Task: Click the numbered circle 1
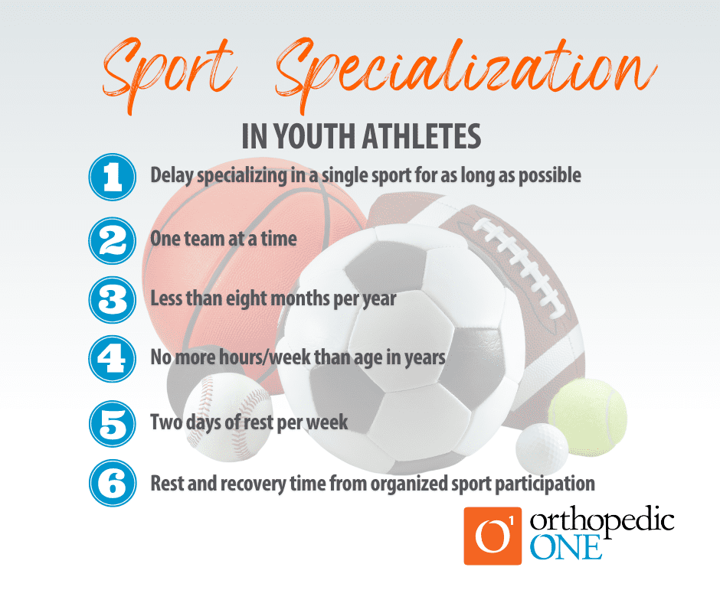click(x=112, y=177)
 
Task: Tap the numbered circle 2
click(x=112, y=240)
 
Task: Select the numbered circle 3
click(x=112, y=300)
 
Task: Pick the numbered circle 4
click(x=112, y=358)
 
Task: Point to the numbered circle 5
click(x=112, y=423)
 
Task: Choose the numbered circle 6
click(x=113, y=483)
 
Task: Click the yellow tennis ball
click(x=588, y=417)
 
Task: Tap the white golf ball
click(x=542, y=448)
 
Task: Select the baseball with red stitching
click(x=227, y=417)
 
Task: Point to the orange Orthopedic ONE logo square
click(x=493, y=536)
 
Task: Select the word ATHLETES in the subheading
click(x=421, y=136)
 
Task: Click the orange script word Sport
click(x=169, y=73)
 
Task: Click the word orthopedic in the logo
click(x=602, y=522)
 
